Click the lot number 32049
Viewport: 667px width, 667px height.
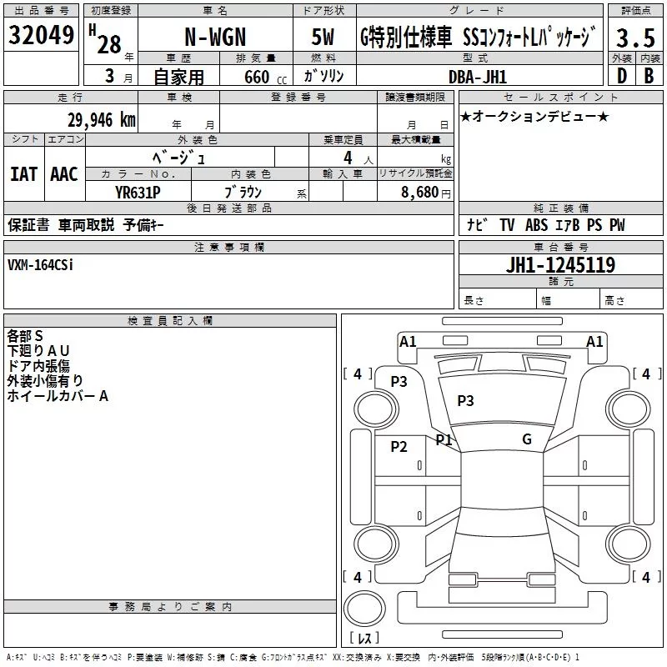coord(42,36)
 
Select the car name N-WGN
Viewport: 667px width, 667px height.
coord(216,37)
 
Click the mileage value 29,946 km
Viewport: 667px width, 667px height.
coord(100,120)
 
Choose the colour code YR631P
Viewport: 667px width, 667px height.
coord(138,191)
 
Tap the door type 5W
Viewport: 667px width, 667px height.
coord(323,38)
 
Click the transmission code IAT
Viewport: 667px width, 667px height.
coord(23,174)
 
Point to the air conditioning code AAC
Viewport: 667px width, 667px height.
coord(63,174)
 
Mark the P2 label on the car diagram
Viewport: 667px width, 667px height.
coord(399,447)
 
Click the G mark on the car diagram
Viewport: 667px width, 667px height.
coord(527,439)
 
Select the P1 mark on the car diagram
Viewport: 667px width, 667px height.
coord(444,439)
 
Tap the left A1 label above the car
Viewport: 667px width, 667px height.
coord(408,341)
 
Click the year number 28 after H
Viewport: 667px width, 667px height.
coord(108,43)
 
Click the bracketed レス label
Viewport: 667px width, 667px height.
coord(364,639)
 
